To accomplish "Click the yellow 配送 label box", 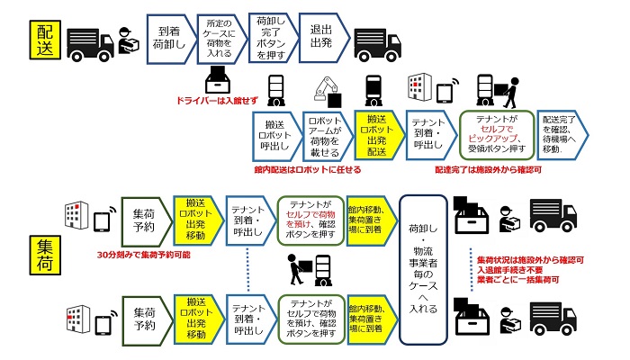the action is [45, 40].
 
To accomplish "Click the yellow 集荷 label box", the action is [45, 255].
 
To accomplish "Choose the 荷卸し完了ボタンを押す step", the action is [272, 38].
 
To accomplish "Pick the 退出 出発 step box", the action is [322, 38].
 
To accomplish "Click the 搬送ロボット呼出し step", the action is [275, 136].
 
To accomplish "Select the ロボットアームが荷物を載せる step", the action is [326, 136].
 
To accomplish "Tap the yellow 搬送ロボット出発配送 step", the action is [378, 135].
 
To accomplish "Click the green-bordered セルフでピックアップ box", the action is [497, 135].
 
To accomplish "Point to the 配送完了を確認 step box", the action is [562, 135].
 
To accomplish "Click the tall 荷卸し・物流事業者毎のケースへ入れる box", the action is [423, 270].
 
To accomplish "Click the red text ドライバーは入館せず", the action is [217, 101].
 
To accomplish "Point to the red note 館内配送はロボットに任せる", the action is [308, 169].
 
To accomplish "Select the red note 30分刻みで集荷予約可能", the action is [143, 255].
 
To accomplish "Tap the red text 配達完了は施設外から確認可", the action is [488, 169].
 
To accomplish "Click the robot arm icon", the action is [328, 92].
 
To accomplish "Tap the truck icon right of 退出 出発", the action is [377, 45].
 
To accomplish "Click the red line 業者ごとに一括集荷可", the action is [517, 280].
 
